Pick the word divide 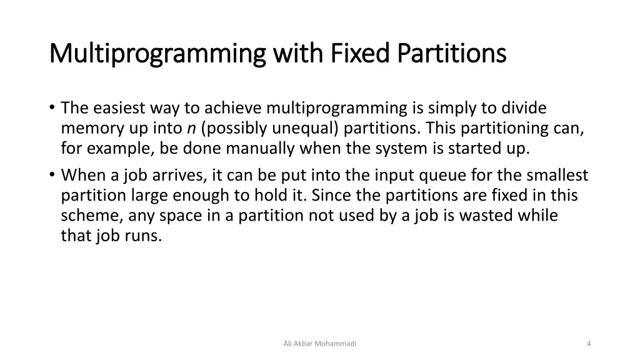[523, 109]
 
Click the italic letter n [190, 129]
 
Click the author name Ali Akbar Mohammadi [319, 343]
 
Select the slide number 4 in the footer [589, 343]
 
